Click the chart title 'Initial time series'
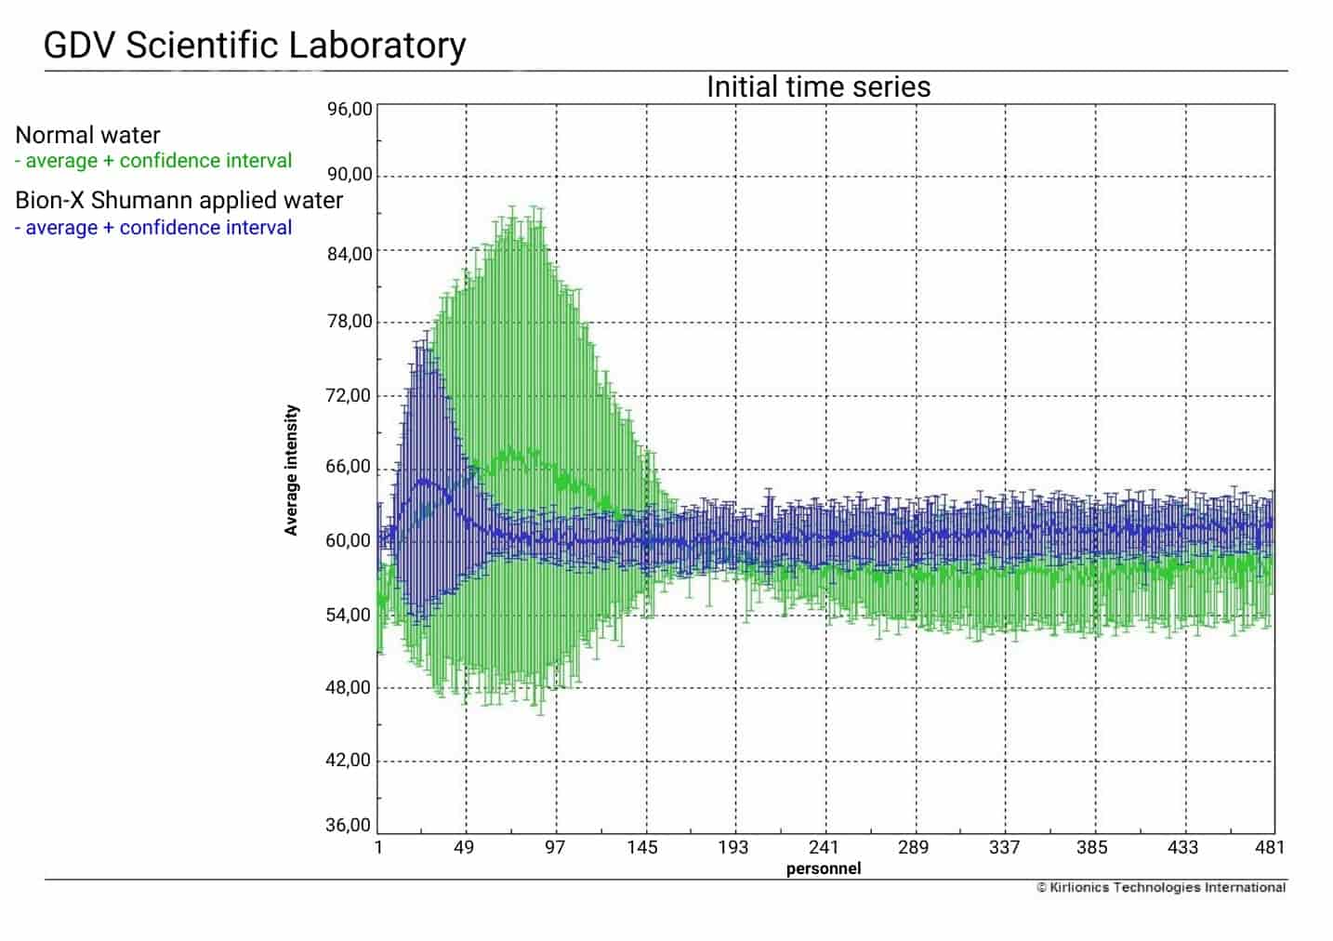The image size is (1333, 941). [x=818, y=86]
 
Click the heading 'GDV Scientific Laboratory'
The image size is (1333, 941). [x=255, y=45]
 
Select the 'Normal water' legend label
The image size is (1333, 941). [x=87, y=135]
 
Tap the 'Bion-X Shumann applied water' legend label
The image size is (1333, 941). [x=178, y=200]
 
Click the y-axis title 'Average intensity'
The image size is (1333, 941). [x=292, y=470]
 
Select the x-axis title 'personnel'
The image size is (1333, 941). [x=824, y=868]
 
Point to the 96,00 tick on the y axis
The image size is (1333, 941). [x=350, y=109]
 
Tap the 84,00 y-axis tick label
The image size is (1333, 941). [x=350, y=254]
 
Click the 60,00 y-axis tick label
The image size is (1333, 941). [x=350, y=540]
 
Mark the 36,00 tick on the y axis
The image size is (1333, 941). [x=350, y=825]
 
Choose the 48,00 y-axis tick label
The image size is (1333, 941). [x=350, y=687]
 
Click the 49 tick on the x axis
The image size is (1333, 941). [x=464, y=847]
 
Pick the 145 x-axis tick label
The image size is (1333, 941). [x=642, y=847]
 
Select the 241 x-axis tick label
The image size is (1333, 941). [x=824, y=847]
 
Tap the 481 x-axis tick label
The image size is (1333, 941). [x=1270, y=847]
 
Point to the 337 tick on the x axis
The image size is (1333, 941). [x=1004, y=847]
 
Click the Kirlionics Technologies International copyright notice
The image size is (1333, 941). [x=1161, y=887]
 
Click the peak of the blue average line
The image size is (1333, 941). [x=425, y=481]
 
